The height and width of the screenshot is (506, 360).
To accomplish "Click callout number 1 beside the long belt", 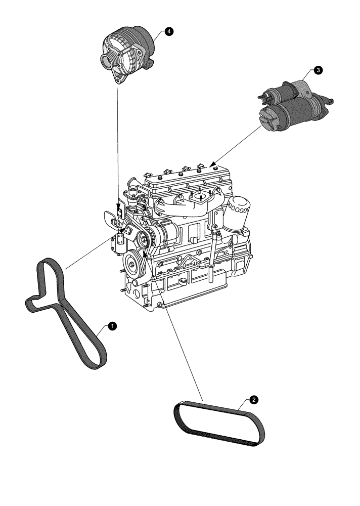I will tap(113, 326).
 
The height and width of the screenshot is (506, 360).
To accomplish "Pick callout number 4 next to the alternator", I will tap(168, 31).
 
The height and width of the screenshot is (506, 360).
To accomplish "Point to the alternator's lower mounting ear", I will tap(120, 79).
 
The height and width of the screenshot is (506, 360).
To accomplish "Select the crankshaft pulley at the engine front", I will tap(133, 262).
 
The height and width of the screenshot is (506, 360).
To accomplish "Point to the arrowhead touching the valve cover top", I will tap(212, 164).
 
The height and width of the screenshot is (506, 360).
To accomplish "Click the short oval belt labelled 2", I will tap(220, 424).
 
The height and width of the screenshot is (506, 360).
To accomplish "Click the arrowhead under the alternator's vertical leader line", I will tap(118, 206).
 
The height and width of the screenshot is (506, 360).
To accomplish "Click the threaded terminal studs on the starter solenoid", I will tap(263, 95).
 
